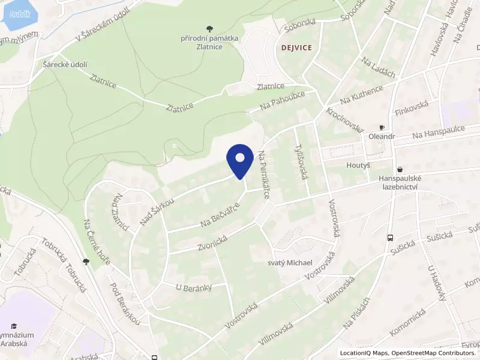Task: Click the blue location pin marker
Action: click(x=239, y=160)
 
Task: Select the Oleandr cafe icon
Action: click(x=382, y=128)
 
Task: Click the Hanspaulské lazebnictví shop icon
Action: click(x=400, y=170)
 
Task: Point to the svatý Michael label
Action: click(x=290, y=263)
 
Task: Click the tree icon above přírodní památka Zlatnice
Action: click(x=209, y=28)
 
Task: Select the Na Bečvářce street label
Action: click(x=220, y=214)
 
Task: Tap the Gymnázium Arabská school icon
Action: click(x=14, y=326)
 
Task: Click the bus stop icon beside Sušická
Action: click(x=391, y=238)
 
